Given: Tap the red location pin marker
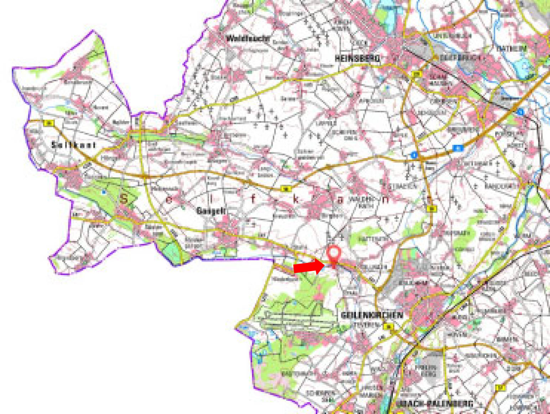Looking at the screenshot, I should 334,254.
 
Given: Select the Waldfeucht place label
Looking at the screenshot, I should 248,38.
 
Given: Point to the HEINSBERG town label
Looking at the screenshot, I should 357,58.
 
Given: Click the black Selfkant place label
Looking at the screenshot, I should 74,145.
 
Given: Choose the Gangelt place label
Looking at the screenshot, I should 211,211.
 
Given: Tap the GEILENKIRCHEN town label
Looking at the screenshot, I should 372,315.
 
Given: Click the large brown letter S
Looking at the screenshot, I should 124,198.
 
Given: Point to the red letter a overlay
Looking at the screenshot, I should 340,200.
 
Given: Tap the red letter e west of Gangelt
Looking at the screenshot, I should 169,200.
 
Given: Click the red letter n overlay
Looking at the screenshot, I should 385,199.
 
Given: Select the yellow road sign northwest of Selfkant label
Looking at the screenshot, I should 48,123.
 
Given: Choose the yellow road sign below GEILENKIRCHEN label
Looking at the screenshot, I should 388,326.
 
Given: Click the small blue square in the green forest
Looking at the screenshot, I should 104,192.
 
